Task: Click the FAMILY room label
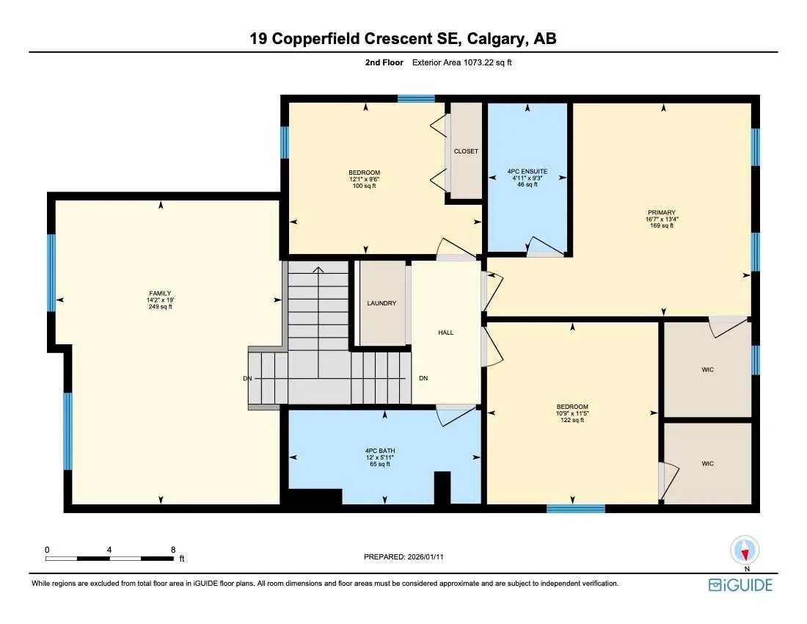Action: [159, 293]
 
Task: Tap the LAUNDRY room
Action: [381, 303]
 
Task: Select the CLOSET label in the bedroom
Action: [466, 151]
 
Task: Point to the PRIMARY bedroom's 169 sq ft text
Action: [661, 226]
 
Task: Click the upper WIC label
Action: [707, 369]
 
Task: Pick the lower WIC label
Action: [707, 463]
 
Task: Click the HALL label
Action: [446, 333]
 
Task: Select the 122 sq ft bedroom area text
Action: [572, 420]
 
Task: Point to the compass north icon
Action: [745, 551]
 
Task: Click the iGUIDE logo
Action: [740, 585]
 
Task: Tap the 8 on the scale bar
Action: [173, 549]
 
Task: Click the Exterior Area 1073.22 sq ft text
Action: [461, 63]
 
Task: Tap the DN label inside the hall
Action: [423, 379]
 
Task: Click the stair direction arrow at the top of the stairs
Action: [318, 270]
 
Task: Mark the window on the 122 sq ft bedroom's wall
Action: [575, 508]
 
